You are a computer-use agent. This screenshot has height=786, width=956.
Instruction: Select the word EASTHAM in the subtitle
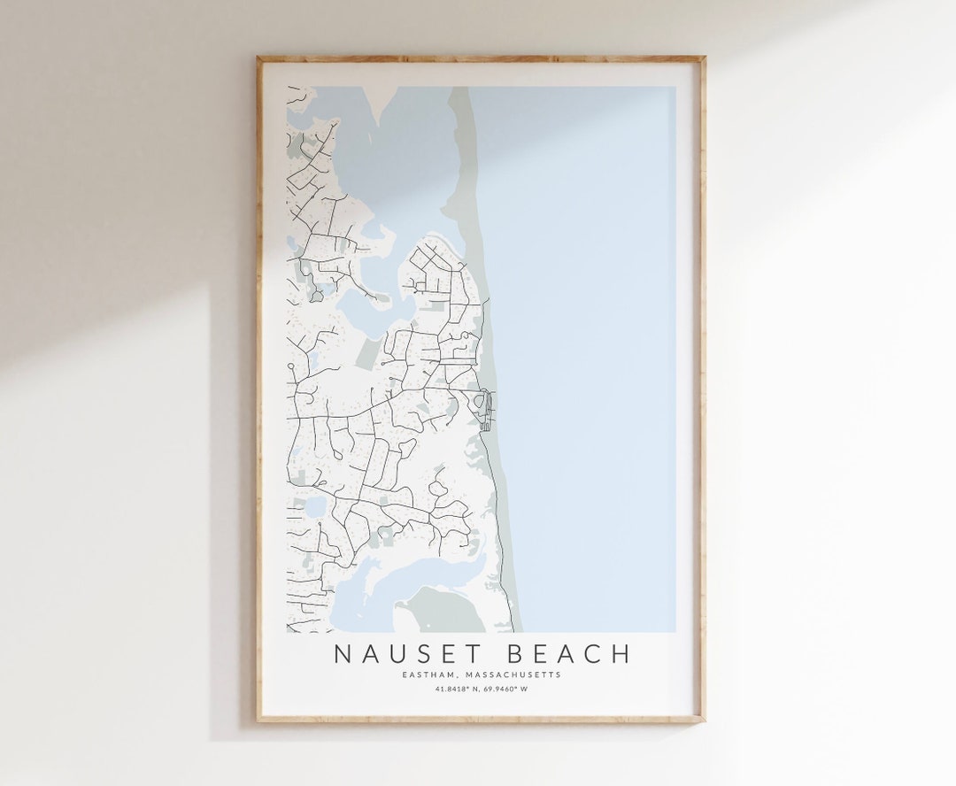point(428,674)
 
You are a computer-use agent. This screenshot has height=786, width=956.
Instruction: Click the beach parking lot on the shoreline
point(484,410)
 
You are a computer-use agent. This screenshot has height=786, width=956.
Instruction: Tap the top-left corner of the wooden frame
point(258,59)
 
